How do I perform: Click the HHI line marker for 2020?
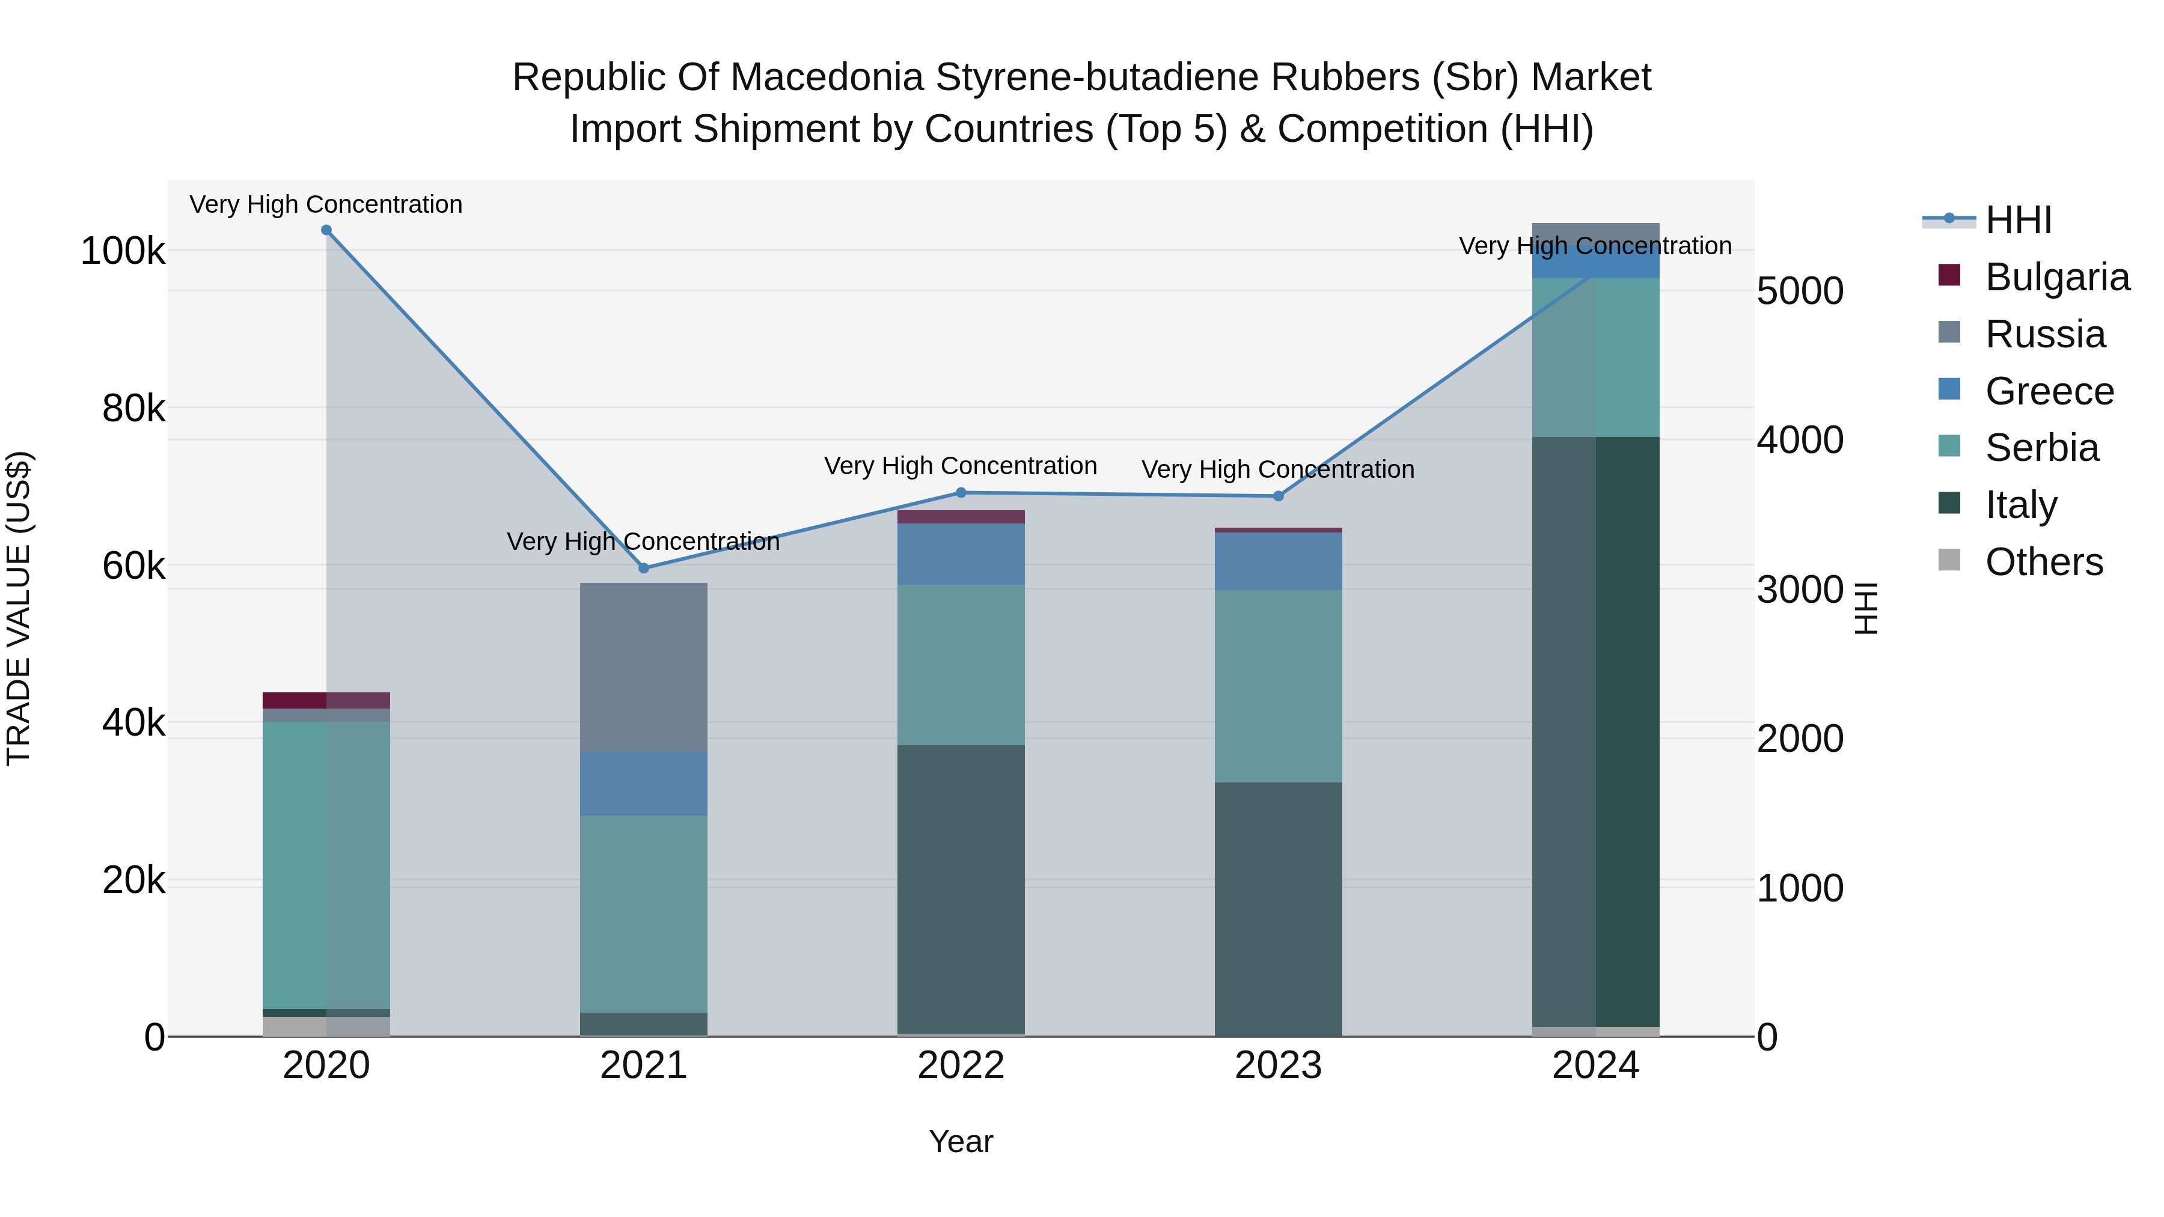(x=327, y=230)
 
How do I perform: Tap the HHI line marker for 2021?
(x=644, y=569)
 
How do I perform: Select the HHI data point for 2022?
(x=961, y=493)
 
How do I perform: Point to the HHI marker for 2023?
(x=1279, y=496)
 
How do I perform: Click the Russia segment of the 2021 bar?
(x=644, y=667)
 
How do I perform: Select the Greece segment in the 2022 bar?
(x=961, y=554)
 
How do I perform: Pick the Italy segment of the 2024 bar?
(x=1595, y=731)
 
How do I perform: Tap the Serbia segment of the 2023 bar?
(x=1279, y=686)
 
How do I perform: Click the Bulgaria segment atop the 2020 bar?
(x=327, y=701)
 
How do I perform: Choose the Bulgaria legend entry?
(x=2056, y=277)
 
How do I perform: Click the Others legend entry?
(x=2043, y=562)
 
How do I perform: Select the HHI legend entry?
(x=2018, y=220)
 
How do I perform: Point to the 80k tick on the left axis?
(x=133, y=409)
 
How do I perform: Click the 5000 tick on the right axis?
(x=1799, y=291)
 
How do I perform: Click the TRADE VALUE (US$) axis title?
(x=19, y=608)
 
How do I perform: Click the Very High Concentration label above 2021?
(x=643, y=541)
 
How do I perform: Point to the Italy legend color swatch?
(x=1949, y=503)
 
